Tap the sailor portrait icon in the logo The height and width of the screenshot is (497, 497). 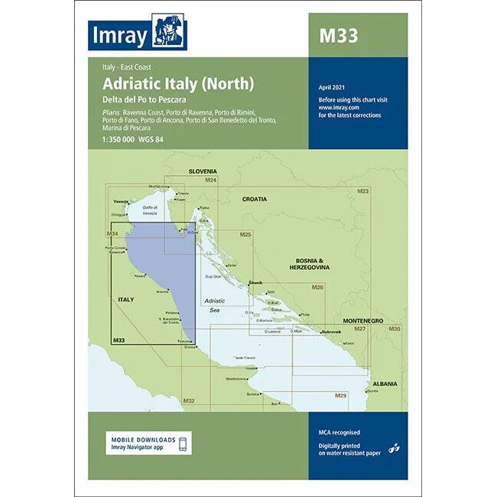pyautogui.click(x=169, y=31)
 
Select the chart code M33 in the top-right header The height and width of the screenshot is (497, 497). pyautogui.click(x=337, y=35)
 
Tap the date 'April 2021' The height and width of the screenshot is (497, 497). pyautogui.click(x=333, y=91)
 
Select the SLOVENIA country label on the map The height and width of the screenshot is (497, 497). pyautogui.click(x=203, y=171)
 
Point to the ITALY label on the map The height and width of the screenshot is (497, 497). pyautogui.click(x=125, y=299)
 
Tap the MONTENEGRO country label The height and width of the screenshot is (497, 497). pyautogui.click(x=364, y=319)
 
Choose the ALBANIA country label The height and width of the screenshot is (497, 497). pyautogui.click(x=385, y=383)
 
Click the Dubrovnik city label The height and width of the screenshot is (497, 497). pyautogui.click(x=315, y=331)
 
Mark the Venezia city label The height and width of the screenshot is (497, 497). pyautogui.click(x=121, y=201)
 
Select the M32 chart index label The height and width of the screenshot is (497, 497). pyautogui.click(x=190, y=401)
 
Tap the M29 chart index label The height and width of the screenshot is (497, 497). pyautogui.click(x=341, y=395)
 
